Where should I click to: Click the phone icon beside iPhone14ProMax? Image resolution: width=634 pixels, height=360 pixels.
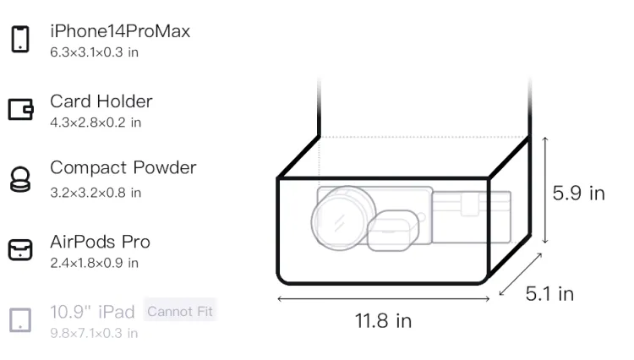pos(20,39)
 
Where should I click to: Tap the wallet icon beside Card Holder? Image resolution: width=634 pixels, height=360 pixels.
pos(20,109)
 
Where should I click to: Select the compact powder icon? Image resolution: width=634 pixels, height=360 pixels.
pos(20,179)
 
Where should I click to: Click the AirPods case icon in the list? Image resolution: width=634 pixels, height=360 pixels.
pos(20,249)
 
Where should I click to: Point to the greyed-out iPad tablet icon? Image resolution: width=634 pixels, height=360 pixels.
pos(20,320)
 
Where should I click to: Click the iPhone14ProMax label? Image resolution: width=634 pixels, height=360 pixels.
pos(120,31)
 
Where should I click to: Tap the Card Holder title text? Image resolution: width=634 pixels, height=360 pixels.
pos(101,101)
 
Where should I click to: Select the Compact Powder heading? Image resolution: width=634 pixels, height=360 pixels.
pos(123,167)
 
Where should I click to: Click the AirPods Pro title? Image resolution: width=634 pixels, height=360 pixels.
pos(101,242)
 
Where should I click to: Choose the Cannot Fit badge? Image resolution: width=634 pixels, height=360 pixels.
pos(180,312)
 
